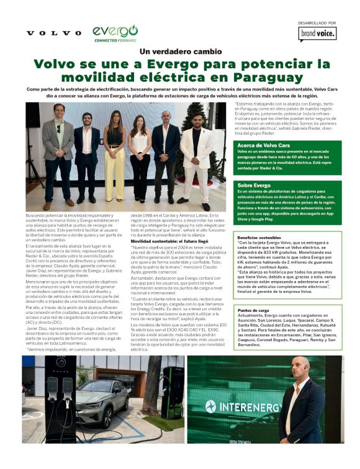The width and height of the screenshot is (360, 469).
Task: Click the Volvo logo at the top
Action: pyautogui.click(x=54, y=32)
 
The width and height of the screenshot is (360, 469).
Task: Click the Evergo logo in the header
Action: pyautogui.click(x=115, y=32)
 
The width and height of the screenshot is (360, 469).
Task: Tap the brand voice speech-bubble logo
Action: pyautogui.click(x=318, y=34)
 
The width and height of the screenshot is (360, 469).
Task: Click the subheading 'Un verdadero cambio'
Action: pyautogui.click(x=180, y=51)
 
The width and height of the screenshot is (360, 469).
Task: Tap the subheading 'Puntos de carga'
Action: pyautogui.click(x=254, y=310)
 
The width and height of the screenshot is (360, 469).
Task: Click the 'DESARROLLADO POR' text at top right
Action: pyautogui.click(x=317, y=22)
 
